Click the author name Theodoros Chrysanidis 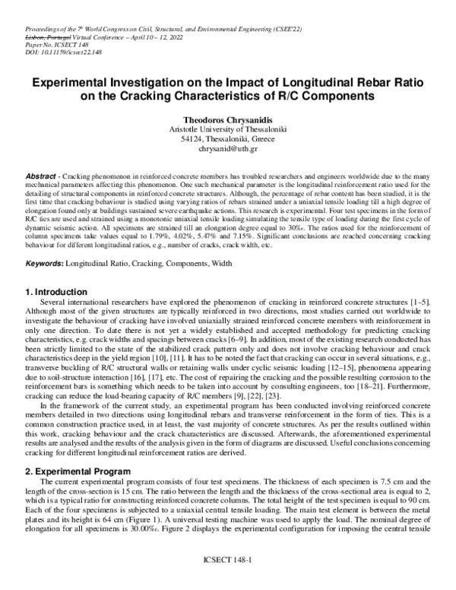[x=228, y=120]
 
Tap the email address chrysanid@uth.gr [x=228, y=151]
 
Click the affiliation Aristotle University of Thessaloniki [x=228, y=131]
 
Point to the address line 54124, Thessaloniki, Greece [x=228, y=141]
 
